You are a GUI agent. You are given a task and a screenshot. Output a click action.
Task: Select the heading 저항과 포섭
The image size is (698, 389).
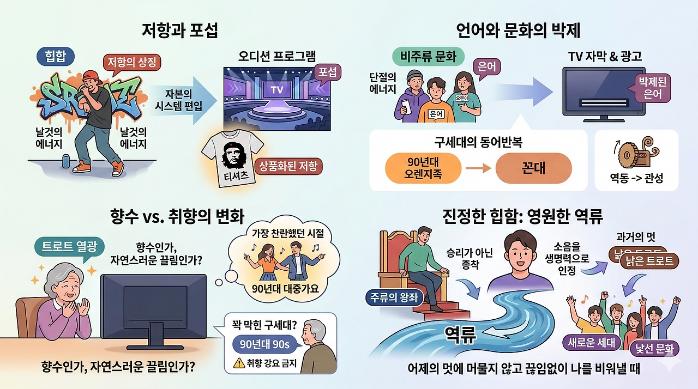(180, 31)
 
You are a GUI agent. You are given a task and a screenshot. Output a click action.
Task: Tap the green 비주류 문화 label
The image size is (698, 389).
(428, 57)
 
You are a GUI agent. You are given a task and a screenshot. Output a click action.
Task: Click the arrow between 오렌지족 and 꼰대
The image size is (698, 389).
(478, 168)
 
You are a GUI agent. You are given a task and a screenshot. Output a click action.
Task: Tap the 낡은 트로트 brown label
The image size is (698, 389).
(649, 261)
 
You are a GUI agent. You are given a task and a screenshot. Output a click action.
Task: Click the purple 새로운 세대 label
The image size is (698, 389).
(591, 342)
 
